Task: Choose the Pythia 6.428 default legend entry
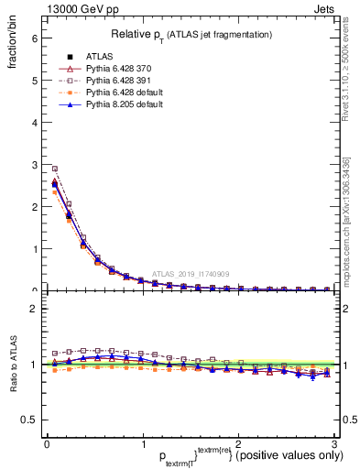(125, 93)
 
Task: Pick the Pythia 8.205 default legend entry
(125, 104)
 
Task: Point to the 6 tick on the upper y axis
(34, 38)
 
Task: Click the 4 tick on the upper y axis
(34, 123)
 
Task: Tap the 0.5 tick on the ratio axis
(30, 420)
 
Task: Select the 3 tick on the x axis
(334, 444)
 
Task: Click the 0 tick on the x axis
(47, 444)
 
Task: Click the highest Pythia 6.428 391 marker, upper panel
(54, 169)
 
